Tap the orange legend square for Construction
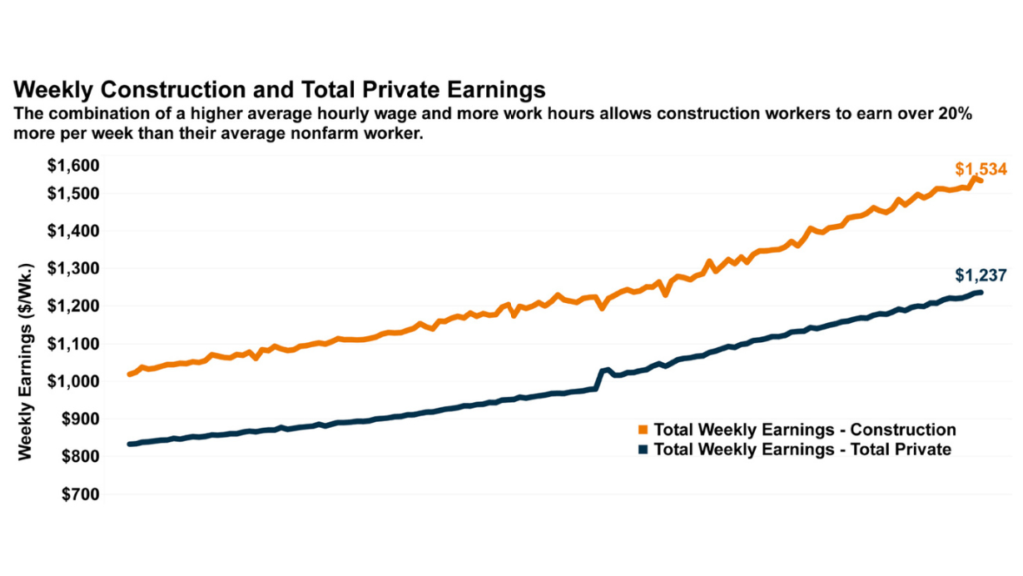[644, 431]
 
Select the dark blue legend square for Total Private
[644, 450]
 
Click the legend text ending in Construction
[805, 431]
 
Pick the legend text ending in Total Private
[802, 450]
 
